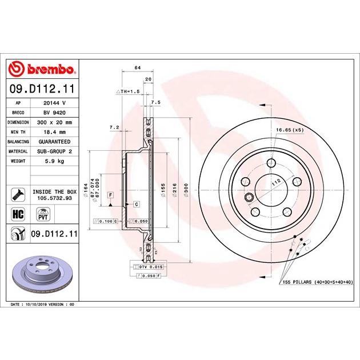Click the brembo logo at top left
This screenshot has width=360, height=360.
pyautogui.click(x=43, y=70)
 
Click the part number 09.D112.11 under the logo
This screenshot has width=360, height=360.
pyautogui.click(x=43, y=89)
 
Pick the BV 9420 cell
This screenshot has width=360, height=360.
pyautogui.click(x=54, y=113)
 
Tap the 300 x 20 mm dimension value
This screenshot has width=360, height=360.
pyautogui.click(x=55, y=122)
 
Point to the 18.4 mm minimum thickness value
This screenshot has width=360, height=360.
pyautogui.click(x=55, y=131)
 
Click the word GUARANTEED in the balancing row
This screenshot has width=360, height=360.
pyautogui.click(x=55, y=141)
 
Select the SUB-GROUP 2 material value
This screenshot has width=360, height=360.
pyautogui.click(x=55, y=151)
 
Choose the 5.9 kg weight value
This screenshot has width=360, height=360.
pyautogui.click(x=55, y=161)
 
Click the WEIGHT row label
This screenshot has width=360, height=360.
pyautogui.click(x=18, y=161)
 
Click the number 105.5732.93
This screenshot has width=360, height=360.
pyautogui.click(x=54, y=199)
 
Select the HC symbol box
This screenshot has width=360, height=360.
pyautogui.click(x=17, y=214)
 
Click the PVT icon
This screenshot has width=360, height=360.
pyautogui.click(x=42, y=214)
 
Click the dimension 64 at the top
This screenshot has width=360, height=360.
pyautogui.click(x=137, y=68)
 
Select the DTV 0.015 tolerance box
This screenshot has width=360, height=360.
pyautogui.click(x=147, y=267)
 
